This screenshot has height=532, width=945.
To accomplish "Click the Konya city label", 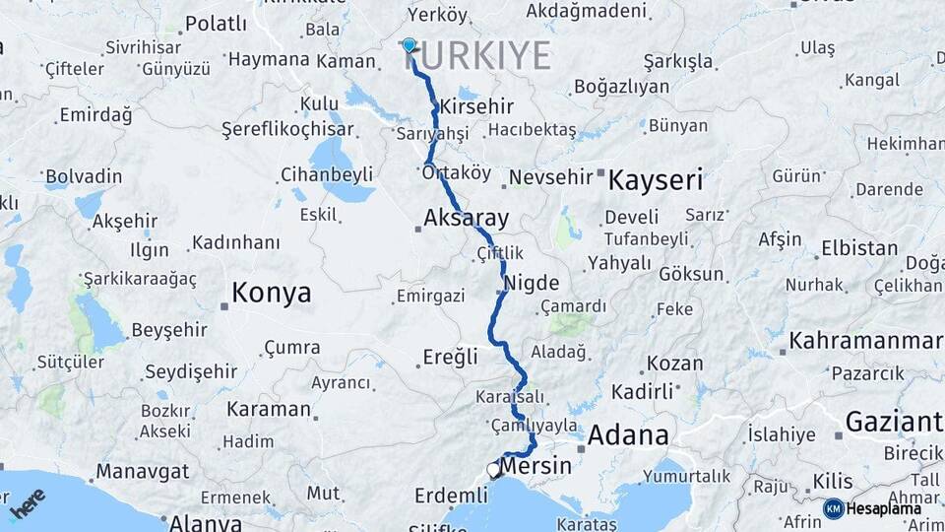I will [x=271, y=293].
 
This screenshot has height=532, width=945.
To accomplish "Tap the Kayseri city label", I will [x=656, y=180].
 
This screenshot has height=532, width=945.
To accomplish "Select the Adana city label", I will [x=628, y=434].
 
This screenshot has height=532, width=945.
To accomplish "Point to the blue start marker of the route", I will [x=409, y=45].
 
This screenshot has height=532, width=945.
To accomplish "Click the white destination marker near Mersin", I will [x=494, y=470].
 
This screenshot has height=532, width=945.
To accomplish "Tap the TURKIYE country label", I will [x=476, y=56].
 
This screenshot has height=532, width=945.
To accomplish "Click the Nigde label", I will [x=532, y=283].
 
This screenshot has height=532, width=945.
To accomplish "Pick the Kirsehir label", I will [x=477, y=106].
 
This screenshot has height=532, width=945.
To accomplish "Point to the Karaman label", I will [x=269, y=409].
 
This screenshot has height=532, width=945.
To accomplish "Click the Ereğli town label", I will [x=450, y=357].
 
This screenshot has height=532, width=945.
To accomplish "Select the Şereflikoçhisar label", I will [x=287, y=129].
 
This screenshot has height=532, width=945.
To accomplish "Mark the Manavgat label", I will [x=143, y=471].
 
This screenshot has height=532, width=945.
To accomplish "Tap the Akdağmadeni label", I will [x=587, y=12].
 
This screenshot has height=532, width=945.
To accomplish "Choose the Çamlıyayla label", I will [x=534, y=426].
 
